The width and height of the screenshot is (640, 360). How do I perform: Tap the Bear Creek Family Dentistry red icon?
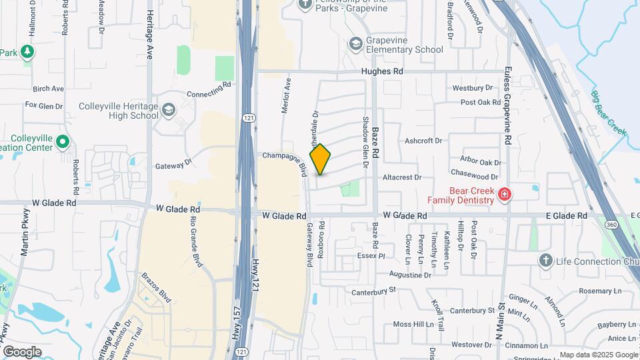505,195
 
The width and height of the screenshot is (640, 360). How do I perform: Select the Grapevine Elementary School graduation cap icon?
355,43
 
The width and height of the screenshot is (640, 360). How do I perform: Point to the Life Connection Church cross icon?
545,260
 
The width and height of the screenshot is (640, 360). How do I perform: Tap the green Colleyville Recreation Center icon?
62,141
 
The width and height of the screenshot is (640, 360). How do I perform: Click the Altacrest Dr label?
403,177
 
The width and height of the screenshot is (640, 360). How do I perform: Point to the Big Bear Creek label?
608,113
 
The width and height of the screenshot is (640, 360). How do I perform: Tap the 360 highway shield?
611,225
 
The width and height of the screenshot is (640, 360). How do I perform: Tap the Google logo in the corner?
22,351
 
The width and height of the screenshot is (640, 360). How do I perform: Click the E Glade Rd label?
566,216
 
